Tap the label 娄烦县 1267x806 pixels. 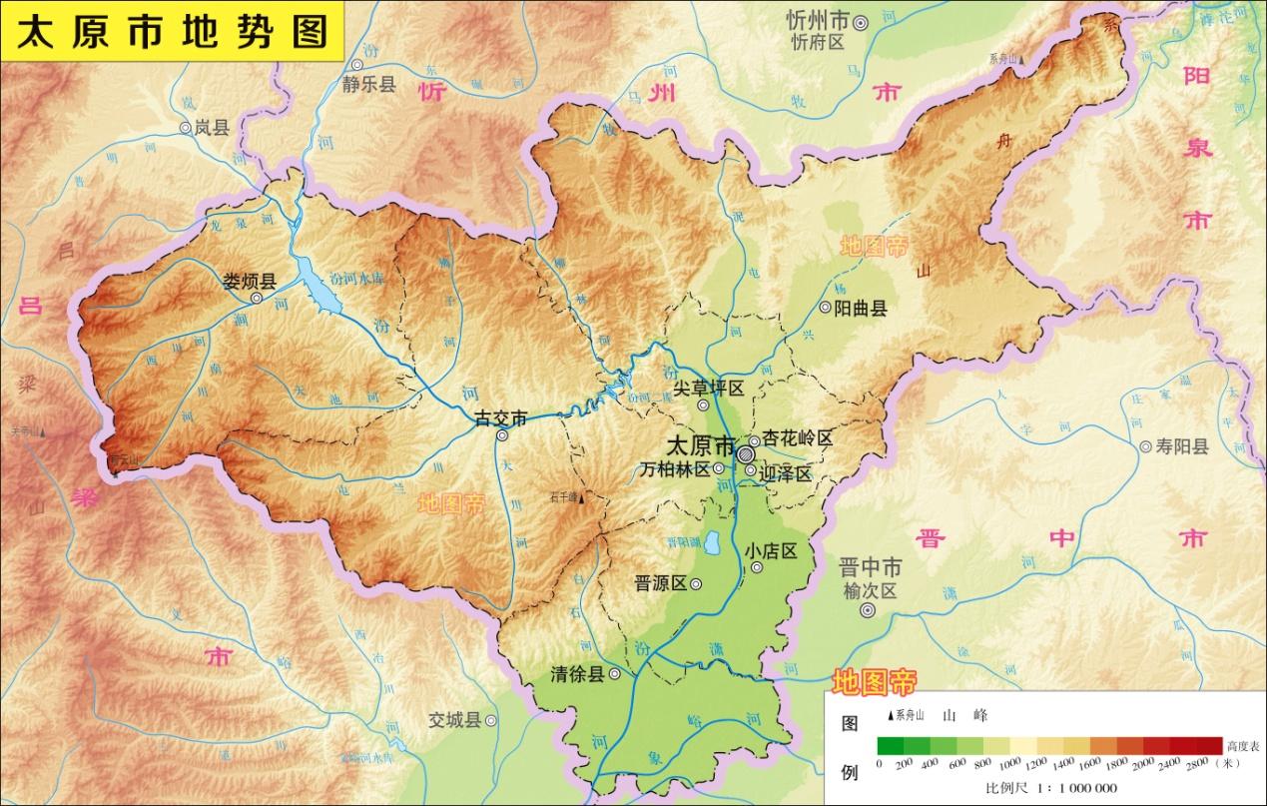tap(250, 281)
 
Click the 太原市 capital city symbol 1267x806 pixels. tap(747, 453)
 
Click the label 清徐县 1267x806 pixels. tap(577, 674)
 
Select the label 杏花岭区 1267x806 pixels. tap(798, 438)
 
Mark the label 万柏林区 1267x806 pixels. tap(675, 468)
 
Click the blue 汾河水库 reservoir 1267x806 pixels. tap(318, 289)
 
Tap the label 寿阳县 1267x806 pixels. tap(1182, 446)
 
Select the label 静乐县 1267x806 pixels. tap(368, 85)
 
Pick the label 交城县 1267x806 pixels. tap(455, 719)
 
